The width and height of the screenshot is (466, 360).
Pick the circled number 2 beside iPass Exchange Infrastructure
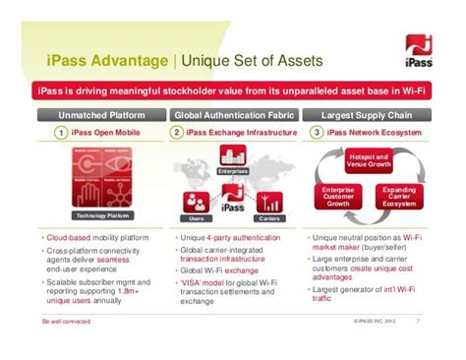[177, 132]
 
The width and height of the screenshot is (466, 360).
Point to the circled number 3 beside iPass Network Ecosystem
[317, 132]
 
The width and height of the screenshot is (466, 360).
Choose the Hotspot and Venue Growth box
[369, 160]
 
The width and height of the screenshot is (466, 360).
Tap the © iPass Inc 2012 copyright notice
[377, 321]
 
